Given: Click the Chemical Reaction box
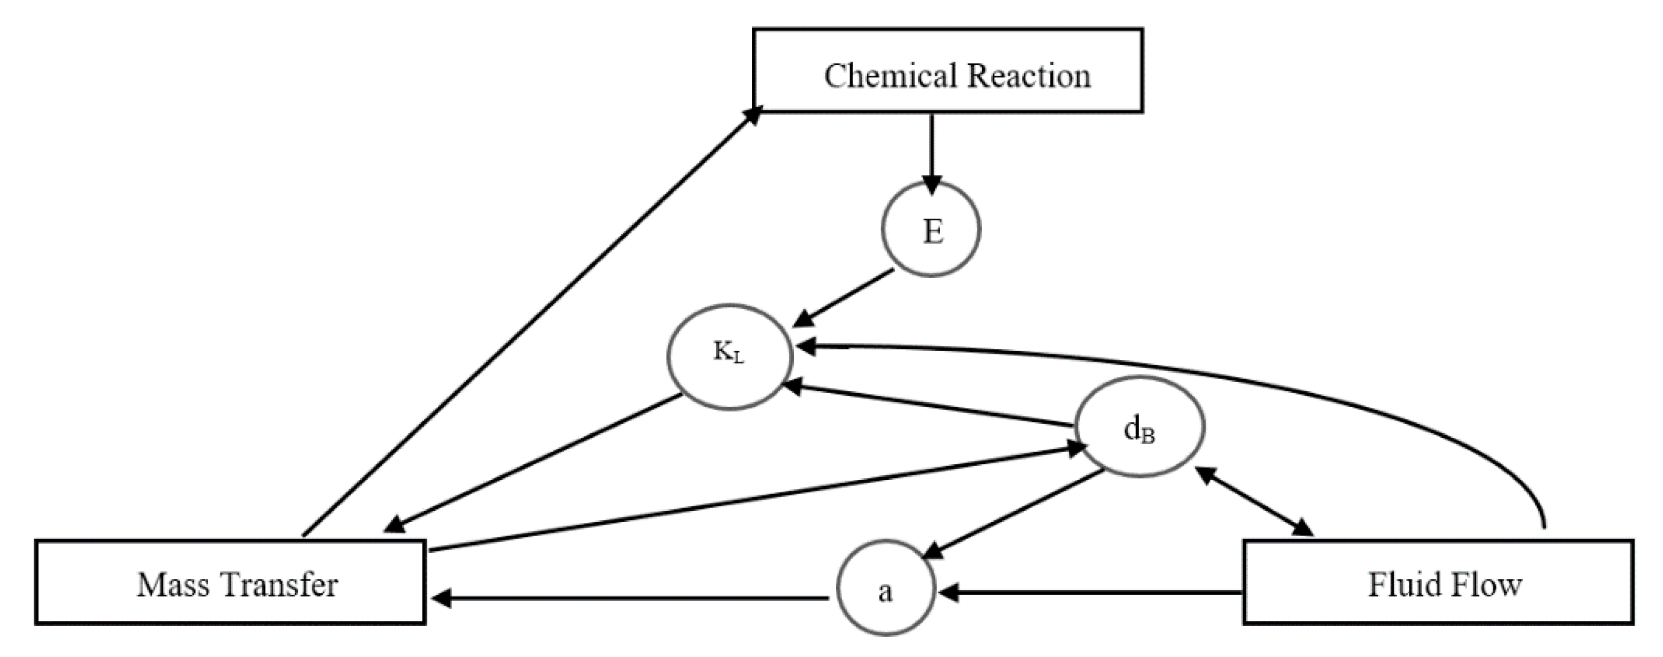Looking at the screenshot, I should [947, 71].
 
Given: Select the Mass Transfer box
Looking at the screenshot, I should [231, 582].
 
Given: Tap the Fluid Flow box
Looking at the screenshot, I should [1438, 582].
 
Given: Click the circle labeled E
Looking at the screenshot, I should [931, 230].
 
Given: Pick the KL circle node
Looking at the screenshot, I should [729, 356].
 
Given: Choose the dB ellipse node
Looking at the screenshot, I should [1140, 427].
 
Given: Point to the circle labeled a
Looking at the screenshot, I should [886, 589].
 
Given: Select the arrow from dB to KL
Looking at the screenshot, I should [930, 406].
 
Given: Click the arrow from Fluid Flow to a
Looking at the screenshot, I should [1091, 591].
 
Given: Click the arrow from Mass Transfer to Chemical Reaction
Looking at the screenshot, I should [529, 323].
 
